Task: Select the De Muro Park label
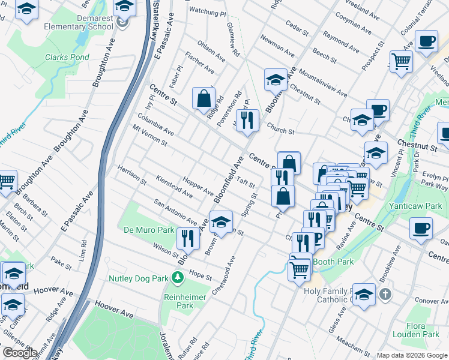click(148, 230)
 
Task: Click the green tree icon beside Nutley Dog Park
click(177, 278)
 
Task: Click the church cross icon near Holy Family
click(385, 294)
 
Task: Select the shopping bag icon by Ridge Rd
click(203, 98)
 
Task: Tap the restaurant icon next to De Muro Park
click(188, 238)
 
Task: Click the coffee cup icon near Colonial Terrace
click(426, 41)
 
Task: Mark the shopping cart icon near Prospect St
click(401, 61)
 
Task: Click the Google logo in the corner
click(19, 353)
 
